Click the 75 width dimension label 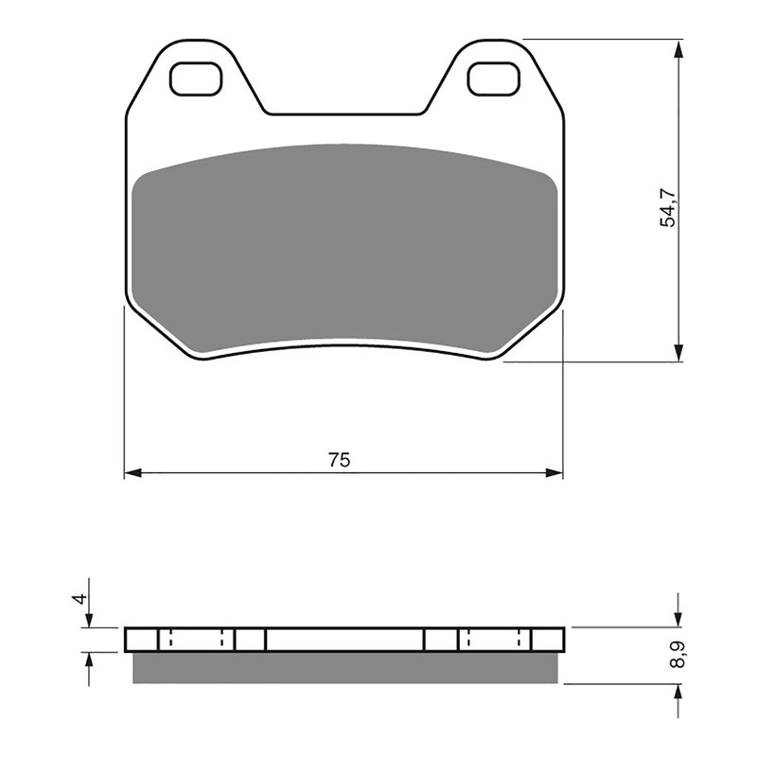point(339,461)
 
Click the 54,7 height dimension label point(669,207)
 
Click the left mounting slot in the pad point(196,78)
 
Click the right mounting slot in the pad point(493,78)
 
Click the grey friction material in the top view point(345,246)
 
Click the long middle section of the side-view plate point(345,640)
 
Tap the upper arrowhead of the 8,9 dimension point(678,619)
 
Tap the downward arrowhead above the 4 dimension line point(88,619)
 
